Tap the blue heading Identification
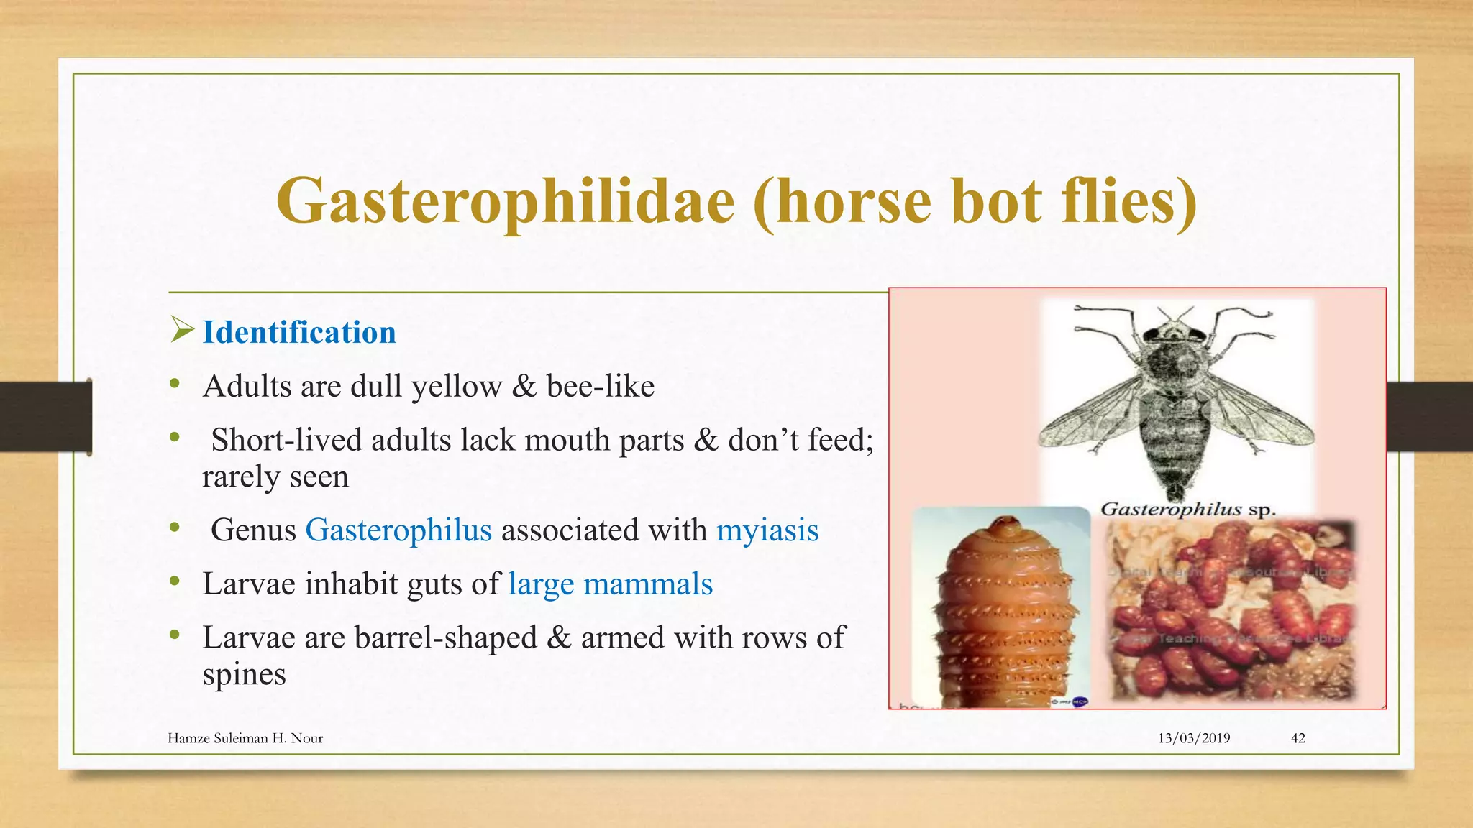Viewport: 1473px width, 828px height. click(x=299, y=333)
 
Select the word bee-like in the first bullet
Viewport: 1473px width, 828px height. click(x=601, y=387)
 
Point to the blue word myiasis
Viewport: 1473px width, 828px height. click(x=767, y=530)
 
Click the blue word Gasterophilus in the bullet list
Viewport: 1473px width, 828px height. click(x=398, y=530)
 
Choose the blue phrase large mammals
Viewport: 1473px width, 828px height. click(x=610, y=584)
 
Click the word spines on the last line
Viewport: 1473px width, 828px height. click(x=244, y=675)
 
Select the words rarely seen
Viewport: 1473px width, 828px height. click(x=275, y=477)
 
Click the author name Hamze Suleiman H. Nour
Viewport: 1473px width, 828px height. click(x=245, y=738)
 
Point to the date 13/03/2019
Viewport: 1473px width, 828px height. click(x=1193, y=738)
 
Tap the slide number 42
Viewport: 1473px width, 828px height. click(x=1298, y=738)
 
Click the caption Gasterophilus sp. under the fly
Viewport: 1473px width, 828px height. click(x=1187, y=510)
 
